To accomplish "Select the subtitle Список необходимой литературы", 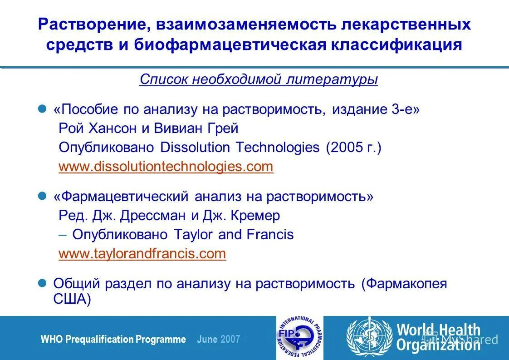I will tap(259, 79).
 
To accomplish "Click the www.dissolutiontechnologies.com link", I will tap(166, 167).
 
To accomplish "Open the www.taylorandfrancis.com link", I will tap(142, 253).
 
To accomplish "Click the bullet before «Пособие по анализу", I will tap(42, 109).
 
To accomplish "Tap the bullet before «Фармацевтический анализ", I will tap(42, 196).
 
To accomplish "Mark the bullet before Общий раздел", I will tap(42, 283).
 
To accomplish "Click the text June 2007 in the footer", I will tap(219, 339).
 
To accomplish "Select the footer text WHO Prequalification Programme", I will tap(113, 339).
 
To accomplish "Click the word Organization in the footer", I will tap(438, 346).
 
